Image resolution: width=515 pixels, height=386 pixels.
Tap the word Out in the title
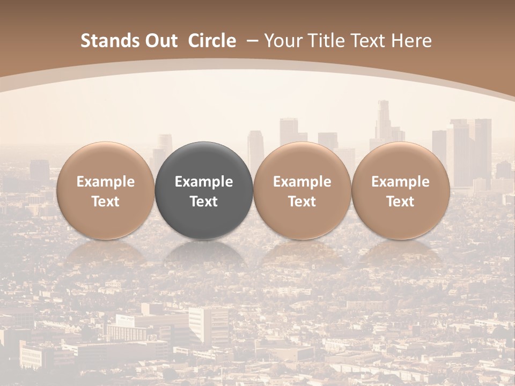160,41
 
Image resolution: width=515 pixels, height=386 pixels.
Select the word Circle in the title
212,41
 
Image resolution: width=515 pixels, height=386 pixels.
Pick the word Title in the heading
323,41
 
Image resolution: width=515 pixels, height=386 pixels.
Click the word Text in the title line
366,41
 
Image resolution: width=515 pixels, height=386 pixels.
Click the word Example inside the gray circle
204,182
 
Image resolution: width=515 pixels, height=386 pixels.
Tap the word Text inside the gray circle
204,202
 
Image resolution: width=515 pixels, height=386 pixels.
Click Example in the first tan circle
105,182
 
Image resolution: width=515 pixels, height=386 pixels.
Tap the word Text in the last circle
401,202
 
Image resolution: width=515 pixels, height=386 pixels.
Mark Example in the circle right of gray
302,182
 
